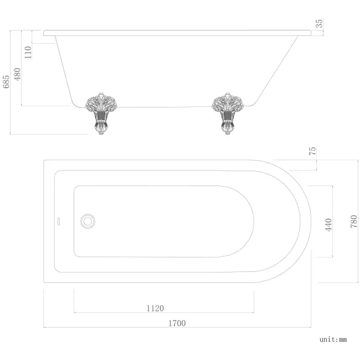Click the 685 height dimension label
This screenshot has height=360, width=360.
pos(6,83)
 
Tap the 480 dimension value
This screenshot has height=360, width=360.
pos(17,74)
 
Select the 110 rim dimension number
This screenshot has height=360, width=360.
pos(28,52)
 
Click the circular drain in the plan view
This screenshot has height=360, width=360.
pos(88,220)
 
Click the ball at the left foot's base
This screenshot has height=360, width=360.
pos(100,131)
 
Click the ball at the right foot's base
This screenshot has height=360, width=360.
pos(227,131)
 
